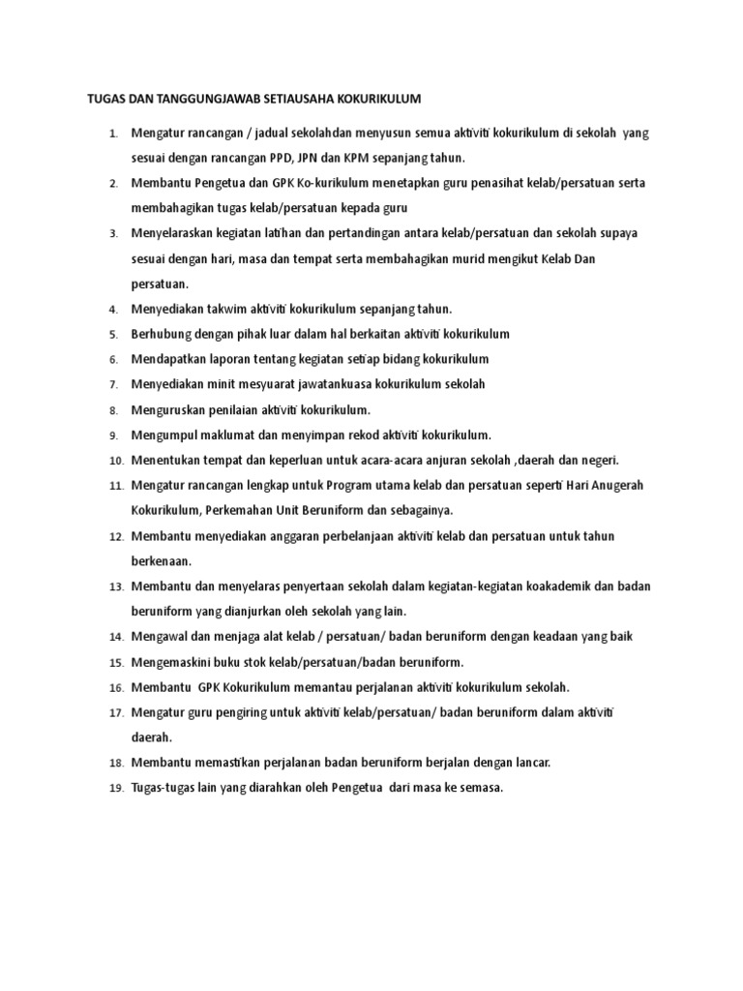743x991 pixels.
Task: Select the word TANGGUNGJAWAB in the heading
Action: (x=186, y=99)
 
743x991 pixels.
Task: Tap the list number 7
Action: (x=112, y=385)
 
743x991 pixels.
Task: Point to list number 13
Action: (x=115, y=586)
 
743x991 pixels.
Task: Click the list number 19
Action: (x=115, y=789)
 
